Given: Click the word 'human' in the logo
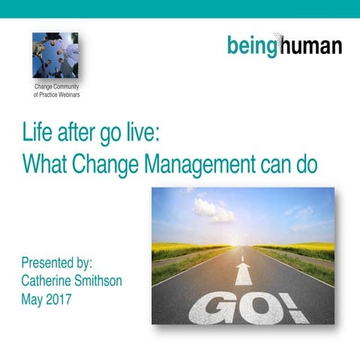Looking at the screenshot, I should [310, 45].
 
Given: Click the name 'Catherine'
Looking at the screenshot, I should [52, 280].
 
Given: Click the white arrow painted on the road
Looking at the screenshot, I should [242, 273].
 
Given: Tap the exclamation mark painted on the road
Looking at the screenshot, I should [287, 308].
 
